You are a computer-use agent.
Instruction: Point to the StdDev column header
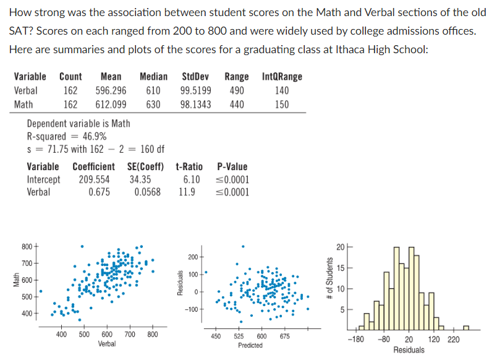click(x=196, y=77)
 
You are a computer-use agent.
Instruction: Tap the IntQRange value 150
click(x=282, y=104)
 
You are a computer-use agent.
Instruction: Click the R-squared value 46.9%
click(x=93, y=136)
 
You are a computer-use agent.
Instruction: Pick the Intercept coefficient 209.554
click(x=94, y=179)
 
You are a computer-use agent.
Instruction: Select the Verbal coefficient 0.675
click(x=99, y=192)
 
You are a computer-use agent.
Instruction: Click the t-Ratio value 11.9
click(x=187, y=192)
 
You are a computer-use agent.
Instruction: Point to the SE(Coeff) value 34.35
click(x=142, y=179)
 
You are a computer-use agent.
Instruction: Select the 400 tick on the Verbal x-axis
click(x=62, y=334)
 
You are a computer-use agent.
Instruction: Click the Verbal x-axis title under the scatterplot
click(x=106, y=343)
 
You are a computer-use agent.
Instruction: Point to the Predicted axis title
click(x=250, y=345)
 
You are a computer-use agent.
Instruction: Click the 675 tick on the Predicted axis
click(x=284, y=336)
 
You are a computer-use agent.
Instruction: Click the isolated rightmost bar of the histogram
click(x=465, y=327)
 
